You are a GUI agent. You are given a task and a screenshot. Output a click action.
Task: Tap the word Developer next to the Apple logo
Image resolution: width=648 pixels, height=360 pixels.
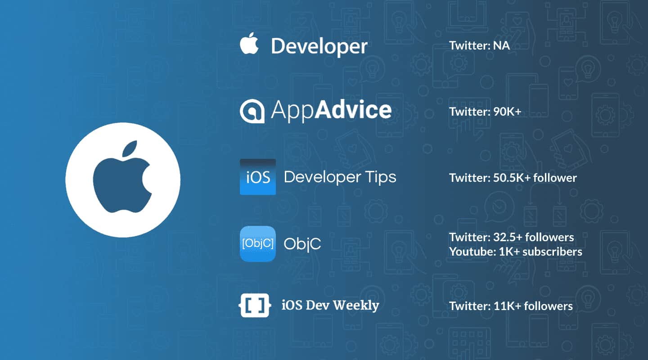(319, 46)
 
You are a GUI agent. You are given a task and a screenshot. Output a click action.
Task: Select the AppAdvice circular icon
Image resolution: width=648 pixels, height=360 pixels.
(252, 111)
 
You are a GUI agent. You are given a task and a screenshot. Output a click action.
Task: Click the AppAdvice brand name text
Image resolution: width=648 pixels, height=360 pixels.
(331, 110)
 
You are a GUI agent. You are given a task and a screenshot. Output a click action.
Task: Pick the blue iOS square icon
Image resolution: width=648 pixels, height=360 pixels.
(258, 177)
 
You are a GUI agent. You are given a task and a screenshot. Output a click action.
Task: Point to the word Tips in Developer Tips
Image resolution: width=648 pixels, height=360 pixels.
(380, 177)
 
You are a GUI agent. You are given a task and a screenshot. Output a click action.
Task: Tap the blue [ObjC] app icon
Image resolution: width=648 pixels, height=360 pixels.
(258, 243)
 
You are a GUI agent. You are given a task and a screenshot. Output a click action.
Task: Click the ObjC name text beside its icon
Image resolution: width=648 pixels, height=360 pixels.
(302, 243)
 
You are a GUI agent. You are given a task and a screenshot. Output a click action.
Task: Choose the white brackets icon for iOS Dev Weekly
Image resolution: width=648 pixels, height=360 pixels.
(255, 306)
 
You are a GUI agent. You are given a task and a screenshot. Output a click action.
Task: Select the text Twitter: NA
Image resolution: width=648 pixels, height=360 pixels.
(479, 45)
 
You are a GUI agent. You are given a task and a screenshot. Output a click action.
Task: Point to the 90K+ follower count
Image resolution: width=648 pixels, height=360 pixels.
(504, 111)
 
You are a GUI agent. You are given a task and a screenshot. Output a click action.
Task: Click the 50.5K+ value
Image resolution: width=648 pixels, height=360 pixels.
(507, 178)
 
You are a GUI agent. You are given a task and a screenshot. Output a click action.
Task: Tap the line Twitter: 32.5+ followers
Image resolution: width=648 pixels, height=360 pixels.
(511, 237)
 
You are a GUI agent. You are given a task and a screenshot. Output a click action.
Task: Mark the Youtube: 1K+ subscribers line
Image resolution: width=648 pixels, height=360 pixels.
(515, 252)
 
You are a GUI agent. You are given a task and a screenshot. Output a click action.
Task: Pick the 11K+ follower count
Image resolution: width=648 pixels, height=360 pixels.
(507, 306)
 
